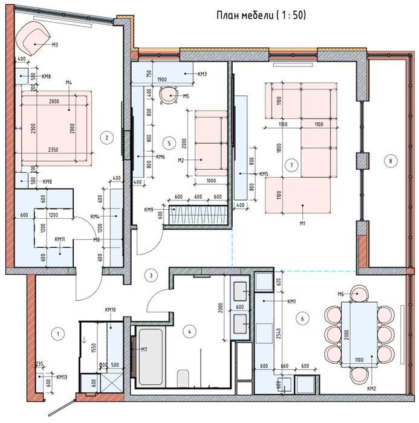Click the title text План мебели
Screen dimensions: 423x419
pyautogui.click(x=261, y=16)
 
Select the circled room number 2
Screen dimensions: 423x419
pyautogui.click(x=107, y=137)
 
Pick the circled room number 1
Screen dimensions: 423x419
pyautogui.click(x=58, y=333)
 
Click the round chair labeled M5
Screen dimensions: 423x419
pyautogui.click(x=167, y=95)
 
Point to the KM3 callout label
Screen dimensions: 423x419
pyautogui.click(x=203, y=74)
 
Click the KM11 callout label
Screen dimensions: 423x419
pyautogui.click(x=60, y=239)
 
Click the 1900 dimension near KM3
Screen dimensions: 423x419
pyautogui.click(x=162, y=79)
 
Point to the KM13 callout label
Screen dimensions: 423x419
pyautogui.click(x=62, y=377)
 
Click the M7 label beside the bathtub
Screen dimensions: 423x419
pyautogui.click(x=145, y=349)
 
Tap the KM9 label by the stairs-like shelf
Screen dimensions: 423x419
pyautogui.click(x=149, y=210)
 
